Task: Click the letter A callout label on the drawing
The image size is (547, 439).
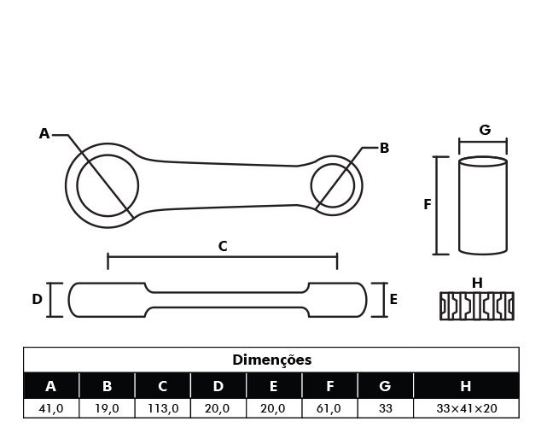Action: click(44, 134)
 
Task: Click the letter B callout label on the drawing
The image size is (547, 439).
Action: click(384, 148)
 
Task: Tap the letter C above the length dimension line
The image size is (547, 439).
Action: click(223, 247)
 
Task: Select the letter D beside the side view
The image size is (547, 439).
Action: click(37, 300)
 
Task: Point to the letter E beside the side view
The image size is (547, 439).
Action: click(393, 300)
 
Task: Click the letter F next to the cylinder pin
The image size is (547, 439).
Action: click(427, 205)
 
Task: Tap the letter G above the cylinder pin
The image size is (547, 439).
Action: click(485, 130)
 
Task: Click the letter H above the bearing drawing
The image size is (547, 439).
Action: click(477, 284)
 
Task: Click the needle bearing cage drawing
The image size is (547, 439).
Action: click(477, 307)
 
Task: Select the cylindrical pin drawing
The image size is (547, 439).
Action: click(483, 205)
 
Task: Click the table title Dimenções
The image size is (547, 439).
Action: click(271, 360)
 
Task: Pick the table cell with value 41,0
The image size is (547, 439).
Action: click(51, 408)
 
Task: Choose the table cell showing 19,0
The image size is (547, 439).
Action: click(107, 408)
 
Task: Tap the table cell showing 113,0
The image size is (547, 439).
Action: click(163, 408)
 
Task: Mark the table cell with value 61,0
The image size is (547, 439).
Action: click(329, 408)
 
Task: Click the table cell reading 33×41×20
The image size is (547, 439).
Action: click(467, 408)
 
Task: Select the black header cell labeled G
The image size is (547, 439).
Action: click(386, 386)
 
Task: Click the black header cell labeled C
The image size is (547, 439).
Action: click(163, 386)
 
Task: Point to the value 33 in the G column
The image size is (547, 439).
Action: click(386, 408)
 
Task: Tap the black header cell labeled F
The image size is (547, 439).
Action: click(329, 386)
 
